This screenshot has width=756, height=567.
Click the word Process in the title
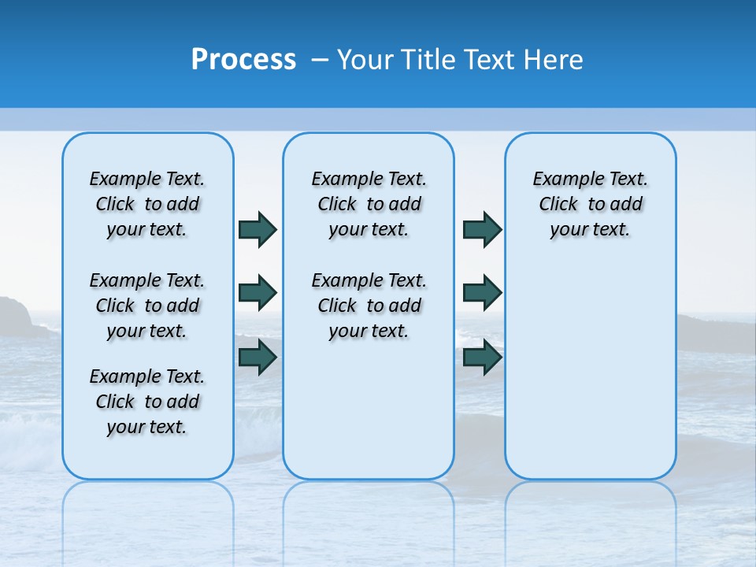[243, 60]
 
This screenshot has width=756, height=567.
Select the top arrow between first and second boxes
[258, 229]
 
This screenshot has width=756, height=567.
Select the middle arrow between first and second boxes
[258, 293]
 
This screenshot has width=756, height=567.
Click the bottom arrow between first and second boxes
[258, 357]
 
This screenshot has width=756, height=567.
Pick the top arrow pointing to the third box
[482, 229]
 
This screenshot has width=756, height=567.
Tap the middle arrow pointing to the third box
[482, 293]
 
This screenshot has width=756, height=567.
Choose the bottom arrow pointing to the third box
[482, 357]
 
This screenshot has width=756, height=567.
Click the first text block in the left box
[147, 204]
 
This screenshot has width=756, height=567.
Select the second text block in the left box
[147, 306]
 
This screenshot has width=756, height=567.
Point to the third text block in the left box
[147, 402]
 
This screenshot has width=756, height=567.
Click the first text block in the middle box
[369, 204]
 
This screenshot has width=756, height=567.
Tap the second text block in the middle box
[369, 306]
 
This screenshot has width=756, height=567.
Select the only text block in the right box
[590, 204]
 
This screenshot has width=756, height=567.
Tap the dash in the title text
[321, 60]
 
